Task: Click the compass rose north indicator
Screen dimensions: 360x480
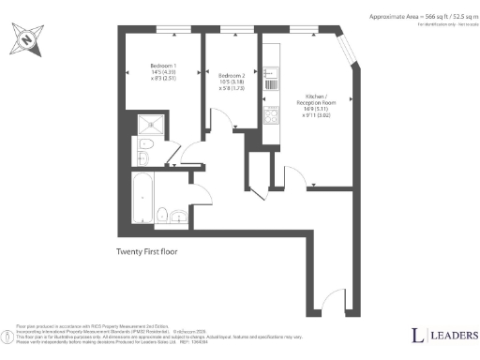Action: [25, 39]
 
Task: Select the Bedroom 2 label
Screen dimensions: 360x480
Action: [231, 75]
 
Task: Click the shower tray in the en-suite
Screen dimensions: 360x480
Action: [149, 125]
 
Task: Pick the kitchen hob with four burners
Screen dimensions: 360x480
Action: [271, 117]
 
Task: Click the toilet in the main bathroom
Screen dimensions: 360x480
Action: [161, 214]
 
